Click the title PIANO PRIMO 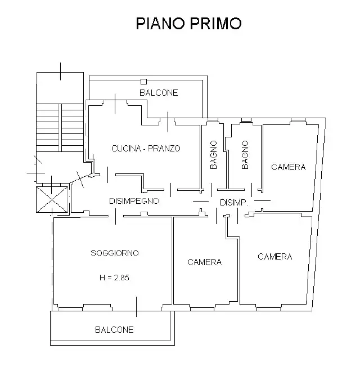pyautogui.click(x=189, y=23)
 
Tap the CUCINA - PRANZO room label pyautogui.click(x=146, y=149)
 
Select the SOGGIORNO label pyautogui.click(x=115, y=253)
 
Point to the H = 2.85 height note pyautogui.click(x=115, y=277)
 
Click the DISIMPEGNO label pyautogui.click(x=134, y=201)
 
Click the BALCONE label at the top pyautogui.click(x=159, y=93)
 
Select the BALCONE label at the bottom pyautogui.click(x=114, y=330)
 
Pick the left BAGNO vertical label pyautogui.click(x=214, y=155)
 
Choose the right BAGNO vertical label pyautogui.click(x=245, y=155)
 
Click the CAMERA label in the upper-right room pyautogui.click(x=289, y=167)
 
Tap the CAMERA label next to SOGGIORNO pyautogui.click(x=204, y=262)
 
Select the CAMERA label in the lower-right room pyautogui.click(x=275, y=257)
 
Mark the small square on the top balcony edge pyautogui.click(x=143, y=82)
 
